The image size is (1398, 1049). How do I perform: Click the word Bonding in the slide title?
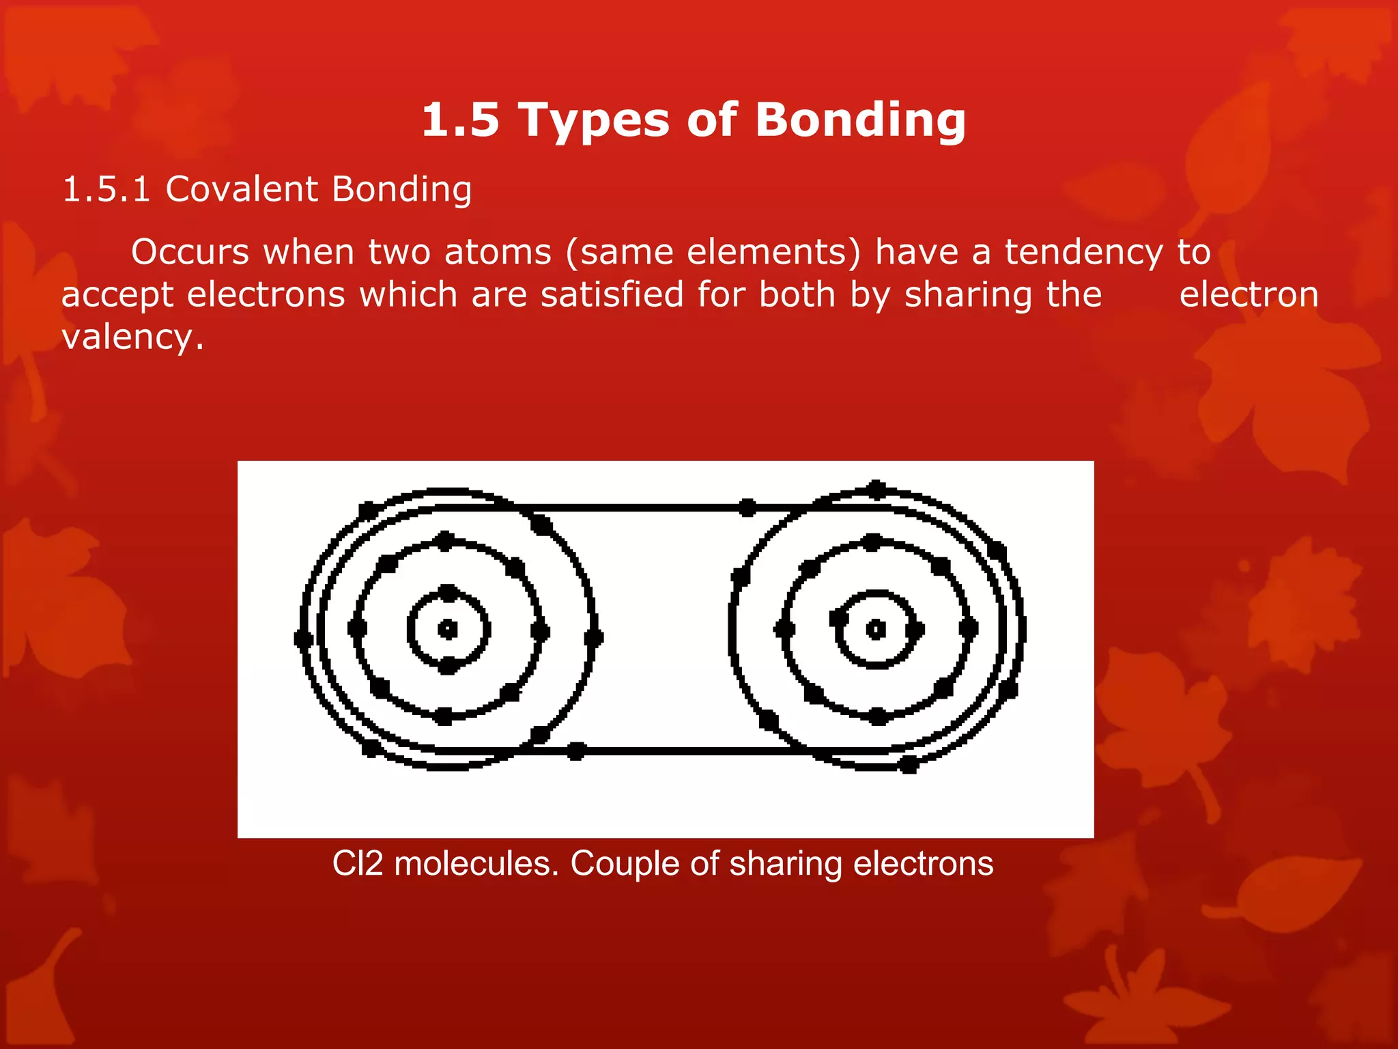point(860,121)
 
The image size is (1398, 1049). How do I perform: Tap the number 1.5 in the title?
point(460,121)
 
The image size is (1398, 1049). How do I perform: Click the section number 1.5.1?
point(106,189)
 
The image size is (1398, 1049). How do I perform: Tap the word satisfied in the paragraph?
point(612,295)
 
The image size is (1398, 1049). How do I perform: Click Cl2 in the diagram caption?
point(358,863)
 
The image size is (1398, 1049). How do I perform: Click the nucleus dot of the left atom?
point(448,629)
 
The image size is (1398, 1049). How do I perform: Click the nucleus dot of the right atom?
point(876,629)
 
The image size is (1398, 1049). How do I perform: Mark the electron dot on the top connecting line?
point(747,507)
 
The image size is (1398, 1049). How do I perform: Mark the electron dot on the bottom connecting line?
point(577,751)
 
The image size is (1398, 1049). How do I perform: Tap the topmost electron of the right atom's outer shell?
point(876,489)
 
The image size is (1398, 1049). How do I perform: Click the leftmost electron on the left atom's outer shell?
point(303,639)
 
